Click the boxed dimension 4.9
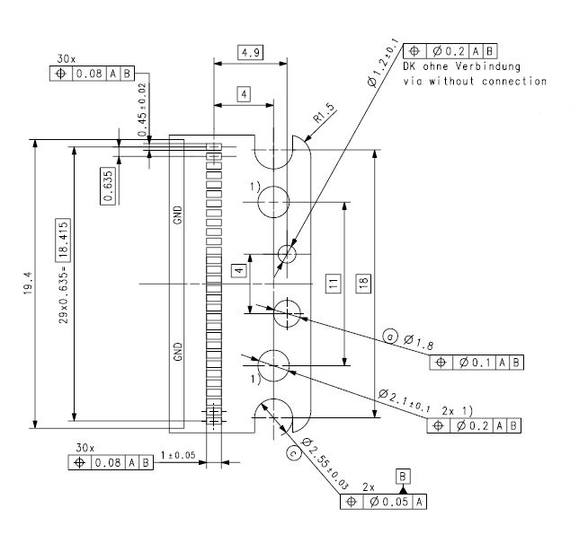(x=250, y=52)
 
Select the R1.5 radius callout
(x=324, y=113)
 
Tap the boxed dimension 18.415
(x=63, y=240)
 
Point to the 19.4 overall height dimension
(x=28, y=283)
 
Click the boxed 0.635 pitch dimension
(x=108, y=186)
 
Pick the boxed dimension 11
(x=333, y=283)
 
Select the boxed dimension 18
(x=363, y=283)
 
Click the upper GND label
(x=178, y=215)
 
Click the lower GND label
(x=178, y=352)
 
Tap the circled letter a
(x=390, y=337)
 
